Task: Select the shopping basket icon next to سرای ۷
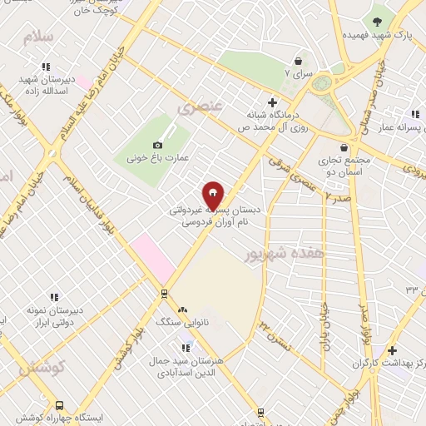298,61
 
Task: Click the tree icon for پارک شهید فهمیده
379,21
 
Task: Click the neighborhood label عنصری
197,107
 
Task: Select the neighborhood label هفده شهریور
284,252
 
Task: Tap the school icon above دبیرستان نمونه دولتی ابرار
54,297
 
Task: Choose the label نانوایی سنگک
178,320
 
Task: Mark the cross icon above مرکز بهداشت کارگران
392,351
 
